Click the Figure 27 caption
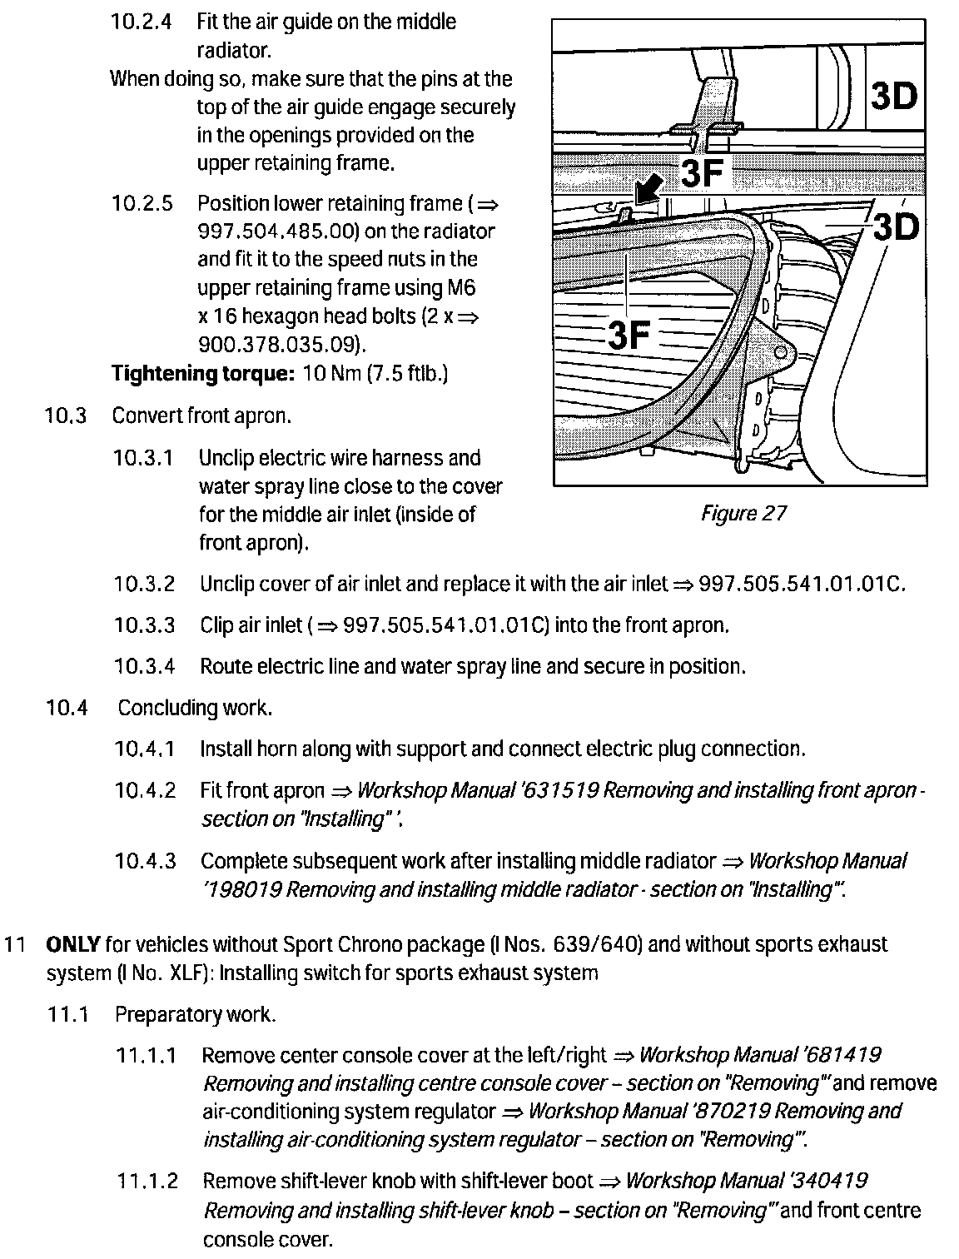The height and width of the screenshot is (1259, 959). (x=743, y=513)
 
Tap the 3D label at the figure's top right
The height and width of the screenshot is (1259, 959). (x=893, y=97)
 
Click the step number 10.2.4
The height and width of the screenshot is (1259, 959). (x=142, y=22)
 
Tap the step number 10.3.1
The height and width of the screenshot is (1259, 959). (x=144, y=458)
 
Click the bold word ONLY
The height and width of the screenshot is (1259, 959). (x=73, y=944)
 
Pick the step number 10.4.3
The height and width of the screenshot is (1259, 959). (x=146, y=861)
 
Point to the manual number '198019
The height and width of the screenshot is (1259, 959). (x=242, y=889)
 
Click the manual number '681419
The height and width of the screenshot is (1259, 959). (x=841, y=1055)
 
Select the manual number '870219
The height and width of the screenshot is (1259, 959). (x=729, y=1111)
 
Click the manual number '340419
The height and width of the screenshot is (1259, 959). (x=827, y=1181)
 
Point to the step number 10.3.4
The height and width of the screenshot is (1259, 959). (x=145, y=666)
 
